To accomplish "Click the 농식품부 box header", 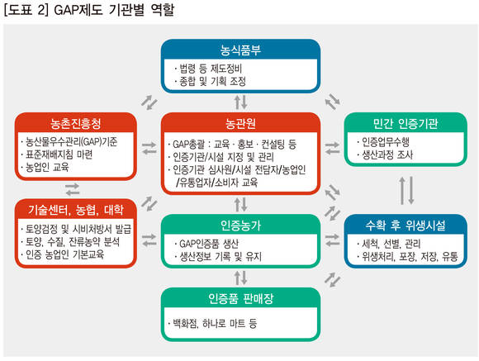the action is pyautogui.click(x=240, y=50).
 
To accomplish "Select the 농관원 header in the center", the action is pyautogui.click(x=240, y=123).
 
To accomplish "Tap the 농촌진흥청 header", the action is pyautogui.click(x=75, y=123).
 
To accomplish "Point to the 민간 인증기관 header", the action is pyautogui.click(x=405, y=123).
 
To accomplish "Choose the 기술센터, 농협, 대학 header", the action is pyautogui.click(x=76, y=210).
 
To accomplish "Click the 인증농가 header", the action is pyautogui.click(x=240, y=226).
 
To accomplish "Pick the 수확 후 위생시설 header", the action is pyautogui.click(x=405, y=226).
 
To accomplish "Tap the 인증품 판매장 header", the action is pyautogui.click(x=240, y=298).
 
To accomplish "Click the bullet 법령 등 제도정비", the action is pyautogui.click(x=208, y=69).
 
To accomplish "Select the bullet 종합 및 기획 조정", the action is pyautogui.click(x=210, y=81).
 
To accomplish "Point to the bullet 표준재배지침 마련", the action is pyautogui.click(x=57, y=154).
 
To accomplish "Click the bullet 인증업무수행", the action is pyautogui.click(x=383, y=141).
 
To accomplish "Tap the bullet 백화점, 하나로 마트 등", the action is pyautogui.click(x=212, y=323).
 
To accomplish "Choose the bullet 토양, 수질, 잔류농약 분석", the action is pyautogui.click(x=70, y=242).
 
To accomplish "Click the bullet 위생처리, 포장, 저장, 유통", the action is pyautogui.click(x=407, y=256).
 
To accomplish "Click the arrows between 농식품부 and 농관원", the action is pyautogui.click(x=240, y=102).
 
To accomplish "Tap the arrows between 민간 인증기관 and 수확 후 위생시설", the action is pyautogui.click(x=407, y=190).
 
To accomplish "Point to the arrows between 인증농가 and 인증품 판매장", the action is pyautogui.click(x=240, y=278).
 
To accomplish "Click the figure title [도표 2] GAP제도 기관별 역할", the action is pyautogui.click(x=89, y=10).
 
